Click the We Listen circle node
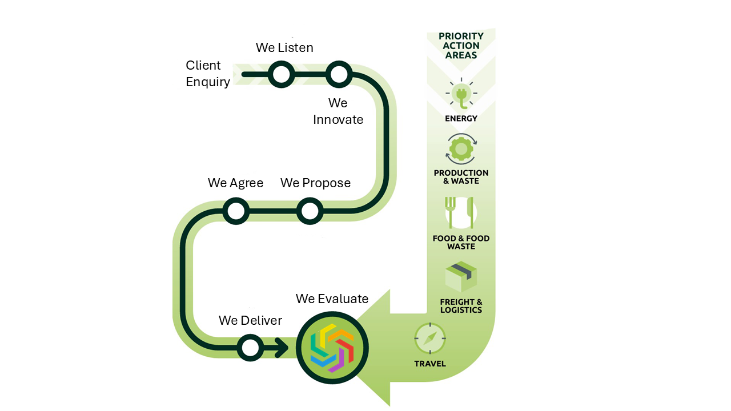pyautogui.click(x=281, y=74)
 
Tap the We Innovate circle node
pyautogui.click(x=338, y=74)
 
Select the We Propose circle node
pyautogui.click(x=310, y=211)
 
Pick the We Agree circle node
pyautogui.click(x=235, y=211)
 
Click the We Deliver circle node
pyautogui.click(x=250, y=347)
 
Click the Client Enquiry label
pyautogui.click(x=208, y=74)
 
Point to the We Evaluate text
pyautogui.click(x=332, y=299)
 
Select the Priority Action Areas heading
pyautogui.click(x=461, y=46)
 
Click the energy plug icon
pyautogui.click(x=461, y=94)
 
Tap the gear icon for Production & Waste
pyautogui.click(x=461, y=150)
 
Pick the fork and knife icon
pyautogui.click(x=460, y=213)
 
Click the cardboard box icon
pyautogui.click(x=461, y=276)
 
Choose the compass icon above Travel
pyautogui.click(x=430, y=339)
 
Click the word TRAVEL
pyautogui.click(x=430, y=364)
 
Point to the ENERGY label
pyautogui.click(x=461, y=119)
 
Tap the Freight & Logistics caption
pyautogui.click(x=461, y=306)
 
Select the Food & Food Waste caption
pyautogui.click(x=461, y=243)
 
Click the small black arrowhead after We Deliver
pyautogui.click(x=282, y=347)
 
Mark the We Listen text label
pyautogui.click(x=284, y=47)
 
